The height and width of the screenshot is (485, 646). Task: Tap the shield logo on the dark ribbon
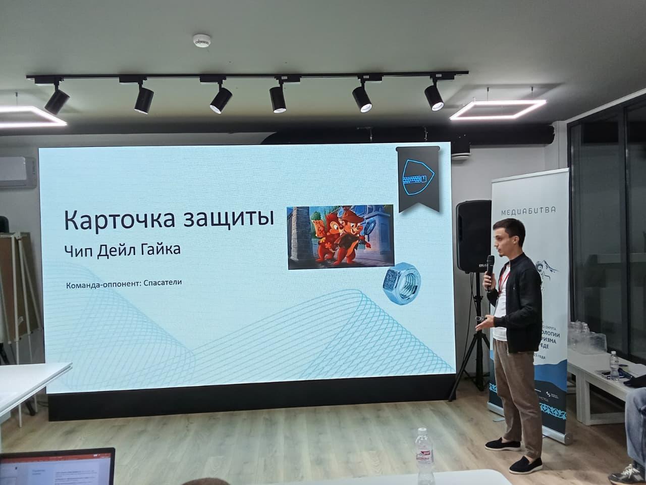click(417, 177)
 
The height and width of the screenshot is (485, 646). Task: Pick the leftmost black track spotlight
click(56, 99)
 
